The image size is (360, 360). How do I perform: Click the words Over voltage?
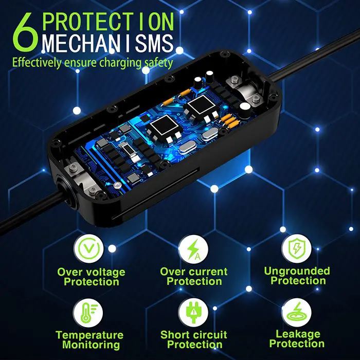[x=91, y=272]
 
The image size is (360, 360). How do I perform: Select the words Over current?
[x=194, y=272]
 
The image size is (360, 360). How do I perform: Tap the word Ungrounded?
[x=297, y=271]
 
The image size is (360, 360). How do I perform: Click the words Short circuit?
[x=193, y=334]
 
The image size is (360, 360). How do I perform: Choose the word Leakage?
[x=297, y=334]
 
